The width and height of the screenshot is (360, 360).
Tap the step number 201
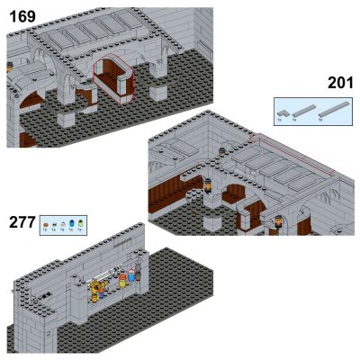[340, 84]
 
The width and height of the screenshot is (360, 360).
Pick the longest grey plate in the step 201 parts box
[335, 111]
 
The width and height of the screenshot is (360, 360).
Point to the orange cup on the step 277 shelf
[114, 281]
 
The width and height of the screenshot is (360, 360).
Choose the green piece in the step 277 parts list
[82, 222]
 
